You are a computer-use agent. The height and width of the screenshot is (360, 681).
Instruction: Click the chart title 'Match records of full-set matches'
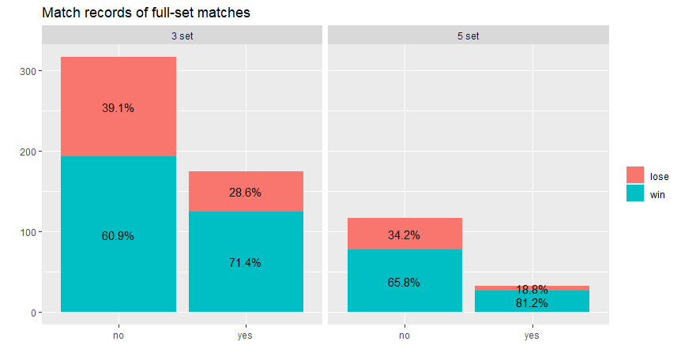pyautogui.click(x=146, y=13)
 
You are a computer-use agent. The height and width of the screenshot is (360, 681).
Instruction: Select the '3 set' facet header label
pyautogui.click(x=182, y=36)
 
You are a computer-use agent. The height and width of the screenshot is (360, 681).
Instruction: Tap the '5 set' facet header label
pyautogui.click(x=468, y=36)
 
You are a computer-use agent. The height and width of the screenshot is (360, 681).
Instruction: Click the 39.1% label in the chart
pyautogui.click(x=118, y=107)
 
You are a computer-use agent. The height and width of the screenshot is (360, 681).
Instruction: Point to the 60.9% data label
pyautogui.click(x=118, y=236)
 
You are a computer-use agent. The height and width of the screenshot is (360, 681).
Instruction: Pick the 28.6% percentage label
pyautogui.click(x=245, y=193)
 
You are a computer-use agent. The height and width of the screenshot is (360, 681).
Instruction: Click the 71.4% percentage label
pyautogui.click(x=245, y=263)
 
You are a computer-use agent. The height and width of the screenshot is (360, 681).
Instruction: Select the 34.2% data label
pyautogui.click(x=404, y=235)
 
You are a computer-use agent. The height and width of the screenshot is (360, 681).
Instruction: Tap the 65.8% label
pyautogui.click(x=404, y=283)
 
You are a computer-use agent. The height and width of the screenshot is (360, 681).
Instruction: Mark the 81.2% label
pyautogui.click(x=532, y=303)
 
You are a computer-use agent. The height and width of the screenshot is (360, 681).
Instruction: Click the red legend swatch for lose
pyautogui.click(x=635, y=175)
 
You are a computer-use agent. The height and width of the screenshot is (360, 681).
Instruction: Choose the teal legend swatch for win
pyautogui.click(x=635, y=193)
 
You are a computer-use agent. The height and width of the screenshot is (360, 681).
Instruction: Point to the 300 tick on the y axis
pyautogui.click(x=28, y=71)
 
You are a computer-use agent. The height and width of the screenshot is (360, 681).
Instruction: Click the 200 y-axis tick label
pyautogui.click(x=28, y=152)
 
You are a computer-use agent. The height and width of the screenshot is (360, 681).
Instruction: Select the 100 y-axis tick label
pyautogui.click(x=28, y=232)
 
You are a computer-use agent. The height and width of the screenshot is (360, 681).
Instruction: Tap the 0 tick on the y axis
pyautogui.click(x=33, y=313)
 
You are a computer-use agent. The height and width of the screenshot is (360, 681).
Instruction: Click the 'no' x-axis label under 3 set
pyautogui.click(x=119, y=336)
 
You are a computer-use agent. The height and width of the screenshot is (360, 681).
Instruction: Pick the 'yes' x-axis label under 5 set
pyautogui.click(x=532, y=336)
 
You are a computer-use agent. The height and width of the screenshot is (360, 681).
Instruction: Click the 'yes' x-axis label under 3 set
pyautogui.click(x=245, y=336)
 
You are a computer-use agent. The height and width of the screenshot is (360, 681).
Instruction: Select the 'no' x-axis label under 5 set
pyautogui.click(x=404, y=336)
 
